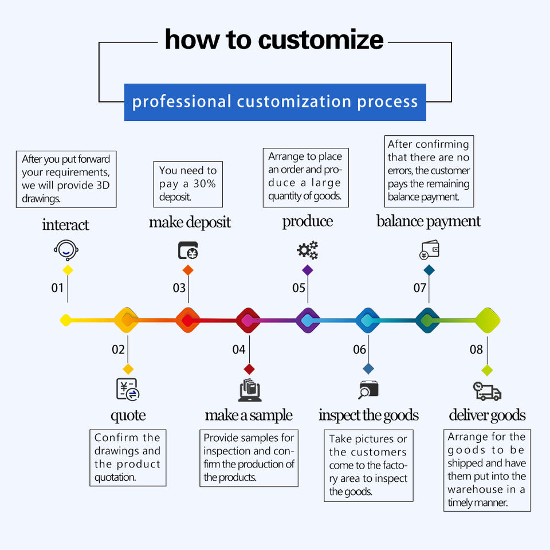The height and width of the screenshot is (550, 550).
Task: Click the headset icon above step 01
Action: coord(66,250)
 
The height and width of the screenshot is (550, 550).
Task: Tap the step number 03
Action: coord(179,287)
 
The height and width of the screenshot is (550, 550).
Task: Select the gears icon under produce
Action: coord(307,250)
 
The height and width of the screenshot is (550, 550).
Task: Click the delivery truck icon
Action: coord(487,391)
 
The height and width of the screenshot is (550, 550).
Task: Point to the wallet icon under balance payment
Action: coord(429,250)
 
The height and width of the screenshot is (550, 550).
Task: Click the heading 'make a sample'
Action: coord(249,415)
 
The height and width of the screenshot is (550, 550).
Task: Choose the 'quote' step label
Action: coord(128,415)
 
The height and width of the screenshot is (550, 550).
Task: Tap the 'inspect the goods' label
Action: coord(368,415)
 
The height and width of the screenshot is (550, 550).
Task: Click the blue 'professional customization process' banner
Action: coord(275,102)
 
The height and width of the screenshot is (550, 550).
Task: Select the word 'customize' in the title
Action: coord(321,40)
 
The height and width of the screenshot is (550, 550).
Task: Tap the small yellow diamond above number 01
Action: coord(68,270)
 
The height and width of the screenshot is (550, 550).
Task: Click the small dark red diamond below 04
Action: coord(249,369)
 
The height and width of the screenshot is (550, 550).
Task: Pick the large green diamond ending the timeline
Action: coord(488,320)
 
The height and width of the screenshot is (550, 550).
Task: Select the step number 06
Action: coord(359,349)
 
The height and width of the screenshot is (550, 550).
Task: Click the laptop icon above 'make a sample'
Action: coord(250,390)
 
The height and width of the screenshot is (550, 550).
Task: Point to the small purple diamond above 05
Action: coord(308,270)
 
